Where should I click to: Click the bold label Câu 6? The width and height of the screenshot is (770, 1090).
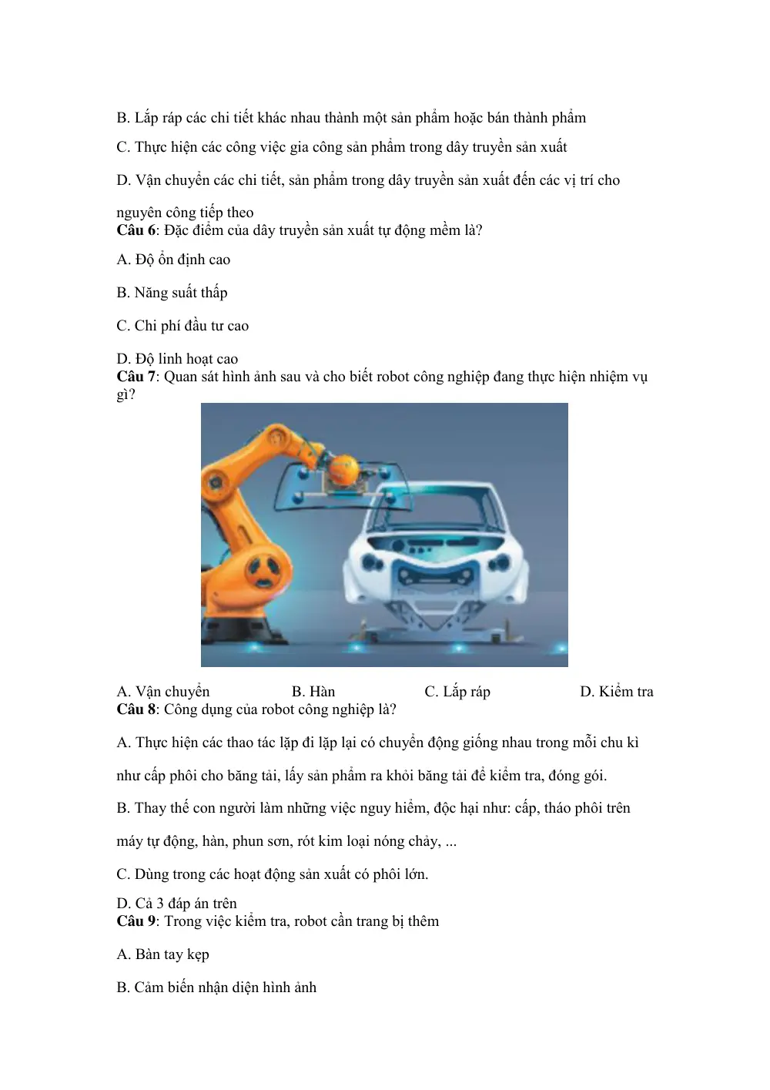coord(136,230)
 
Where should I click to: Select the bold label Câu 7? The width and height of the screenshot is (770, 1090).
coord(136,377)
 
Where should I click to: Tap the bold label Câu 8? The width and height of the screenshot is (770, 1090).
coord(136,709)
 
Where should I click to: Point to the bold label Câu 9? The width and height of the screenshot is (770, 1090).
coord(136,921)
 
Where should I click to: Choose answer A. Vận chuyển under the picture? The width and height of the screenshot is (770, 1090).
coord(163,692)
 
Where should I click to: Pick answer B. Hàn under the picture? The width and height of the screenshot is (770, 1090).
coord(313,692)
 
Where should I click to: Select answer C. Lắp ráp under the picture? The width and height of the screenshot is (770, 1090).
coord(457,692)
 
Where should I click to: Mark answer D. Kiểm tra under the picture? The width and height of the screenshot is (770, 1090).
coord(616,692)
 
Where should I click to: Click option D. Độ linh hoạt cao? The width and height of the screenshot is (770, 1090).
coord(177,359)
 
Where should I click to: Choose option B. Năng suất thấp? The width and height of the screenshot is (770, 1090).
coord(172,293)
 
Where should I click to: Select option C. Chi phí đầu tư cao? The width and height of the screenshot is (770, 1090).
coord(182,326)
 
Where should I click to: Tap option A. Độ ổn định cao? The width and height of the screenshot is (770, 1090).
coord(173,260)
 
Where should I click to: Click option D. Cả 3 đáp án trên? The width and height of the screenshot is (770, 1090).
coord(176,903)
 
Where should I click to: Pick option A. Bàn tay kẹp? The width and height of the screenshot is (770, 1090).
coord(162,954)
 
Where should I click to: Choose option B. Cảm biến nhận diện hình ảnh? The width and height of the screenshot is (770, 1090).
coord(216,988)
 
